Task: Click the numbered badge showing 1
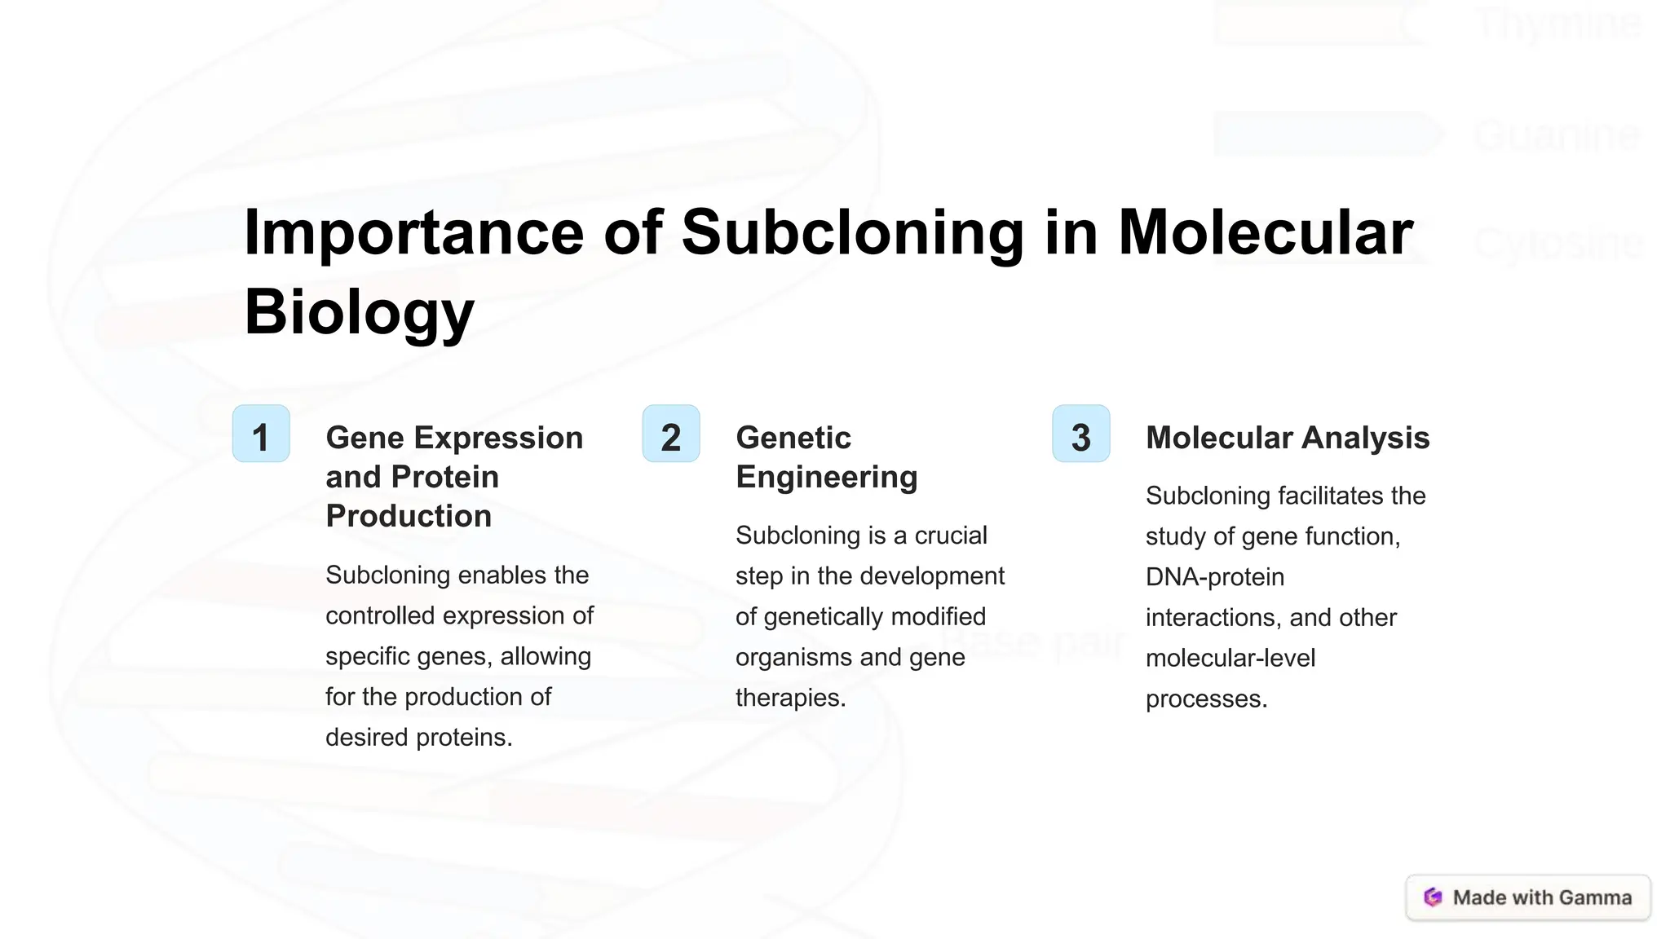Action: [261, 434]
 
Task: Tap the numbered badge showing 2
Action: [671, 434]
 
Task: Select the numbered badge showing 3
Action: [1081, 434]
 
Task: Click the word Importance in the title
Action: [413, 234]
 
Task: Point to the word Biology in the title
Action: [359, 313]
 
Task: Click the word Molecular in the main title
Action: [1265, 234]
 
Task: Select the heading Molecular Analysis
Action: [1287, 438]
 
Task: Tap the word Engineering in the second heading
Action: [826, 477]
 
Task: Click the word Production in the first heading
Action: [409, 516]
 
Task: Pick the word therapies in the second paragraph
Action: [789, 698]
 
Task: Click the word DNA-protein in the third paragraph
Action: [1214, 577]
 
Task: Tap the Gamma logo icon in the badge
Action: [1433, 897]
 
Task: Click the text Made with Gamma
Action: [1542, 897]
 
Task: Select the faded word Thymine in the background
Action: [1558, 23]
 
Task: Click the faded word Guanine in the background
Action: [1557, 134]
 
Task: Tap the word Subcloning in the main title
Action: [851, 234]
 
